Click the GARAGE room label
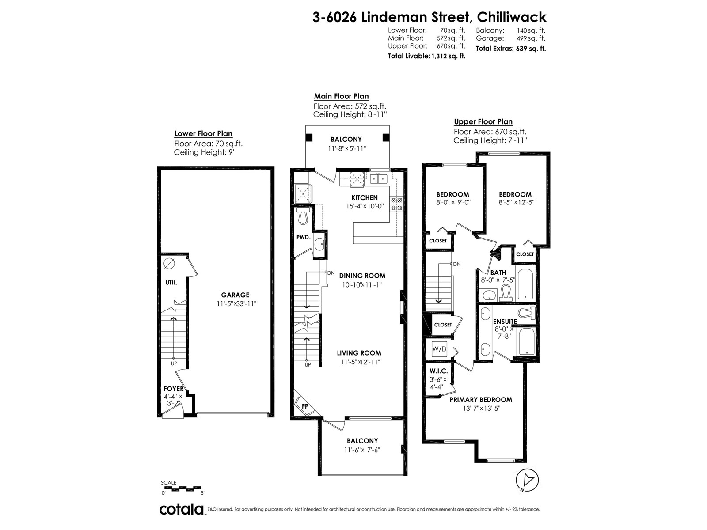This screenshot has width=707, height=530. (x=235, y=295)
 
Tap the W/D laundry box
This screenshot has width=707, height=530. (x=439, y=349)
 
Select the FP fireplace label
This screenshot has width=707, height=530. (x=305, y=406)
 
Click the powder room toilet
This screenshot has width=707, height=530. (x=303, y=216)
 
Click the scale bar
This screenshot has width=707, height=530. (x=181, y=489)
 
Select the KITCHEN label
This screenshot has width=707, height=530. (x=364, y=197)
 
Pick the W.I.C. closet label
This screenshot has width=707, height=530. (x=438, y=371)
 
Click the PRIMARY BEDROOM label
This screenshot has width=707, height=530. (x=481, y=400)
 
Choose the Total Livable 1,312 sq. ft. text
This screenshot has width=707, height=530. (x=426, y=56)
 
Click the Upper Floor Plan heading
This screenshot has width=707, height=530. (x=483, y=121)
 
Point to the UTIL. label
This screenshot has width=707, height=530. (x=171, y=283)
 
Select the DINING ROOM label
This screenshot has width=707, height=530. (x=362, y=276)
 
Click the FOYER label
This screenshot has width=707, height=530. (x=173, y=389)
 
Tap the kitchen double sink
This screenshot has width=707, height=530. (x=378, y=178)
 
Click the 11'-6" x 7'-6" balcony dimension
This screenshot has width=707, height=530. (x=362, y=450)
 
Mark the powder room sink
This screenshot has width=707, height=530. (x=319, y=245)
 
